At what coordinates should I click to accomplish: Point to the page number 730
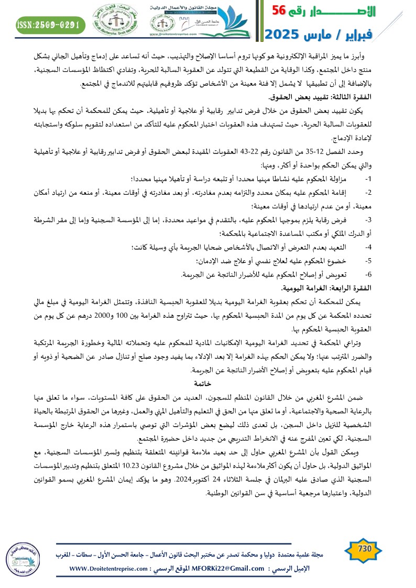click(x=364, y=548)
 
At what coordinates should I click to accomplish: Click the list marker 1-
click(x=368, y=178)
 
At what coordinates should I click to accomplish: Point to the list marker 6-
click(x=368, y=274)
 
